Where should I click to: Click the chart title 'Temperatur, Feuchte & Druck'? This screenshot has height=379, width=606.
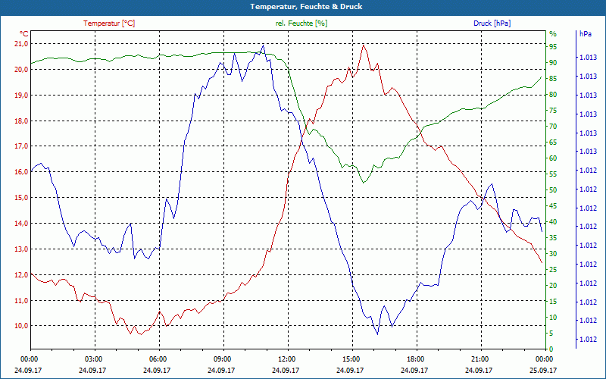tap(303, 6)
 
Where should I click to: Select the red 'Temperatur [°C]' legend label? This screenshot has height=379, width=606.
tap(109, 23)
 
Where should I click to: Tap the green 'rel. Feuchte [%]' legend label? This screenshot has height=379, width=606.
tap(301, 23)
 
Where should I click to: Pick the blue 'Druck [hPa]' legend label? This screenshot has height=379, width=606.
tap(492, 23)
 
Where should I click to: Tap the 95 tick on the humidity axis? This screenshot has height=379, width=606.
tap(553, 47)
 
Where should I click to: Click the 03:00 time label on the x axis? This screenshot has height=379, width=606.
tap(93, 359)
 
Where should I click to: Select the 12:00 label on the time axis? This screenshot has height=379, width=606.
tap(286, 359)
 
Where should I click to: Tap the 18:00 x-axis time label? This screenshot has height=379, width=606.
tap(415, 359)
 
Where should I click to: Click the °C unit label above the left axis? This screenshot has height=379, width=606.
tap(23, 34)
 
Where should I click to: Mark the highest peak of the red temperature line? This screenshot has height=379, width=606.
tap(364, 45)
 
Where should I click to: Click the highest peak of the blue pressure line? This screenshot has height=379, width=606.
tap(263, 45)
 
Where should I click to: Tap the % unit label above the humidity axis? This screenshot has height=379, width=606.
tap(552, 34)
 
